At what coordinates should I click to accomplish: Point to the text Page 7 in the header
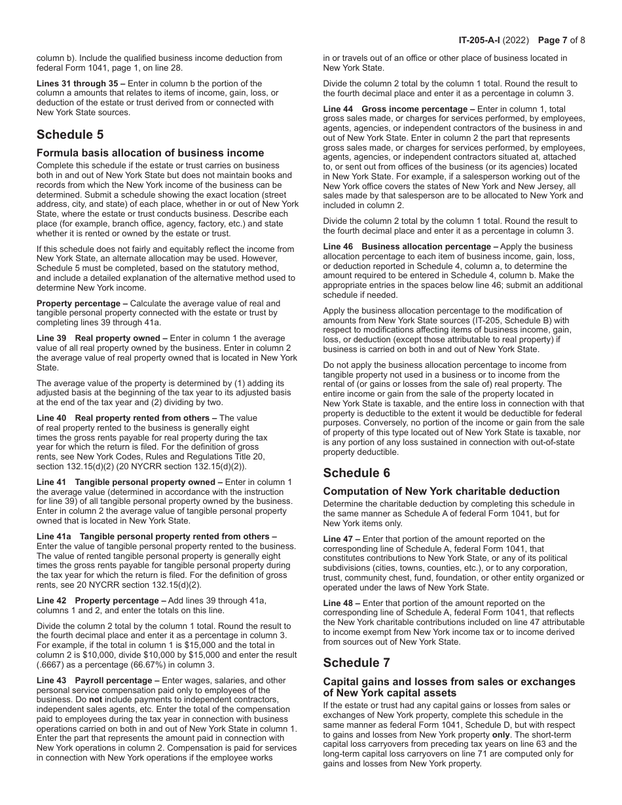(553, 40)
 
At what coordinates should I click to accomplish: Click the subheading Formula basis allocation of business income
(150, 153)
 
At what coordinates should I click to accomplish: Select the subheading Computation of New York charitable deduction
(441, 492)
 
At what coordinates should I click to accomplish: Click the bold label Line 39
(50, 338)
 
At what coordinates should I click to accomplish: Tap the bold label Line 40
(50, 418)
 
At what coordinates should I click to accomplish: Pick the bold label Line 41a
(53, 537)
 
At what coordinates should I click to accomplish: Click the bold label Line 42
(50, 601)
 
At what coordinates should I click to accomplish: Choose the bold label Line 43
(50, 681)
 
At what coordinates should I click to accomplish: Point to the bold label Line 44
(338, 109)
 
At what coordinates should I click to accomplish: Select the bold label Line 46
(338, 246)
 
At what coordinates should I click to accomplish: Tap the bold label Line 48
(338, 603)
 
